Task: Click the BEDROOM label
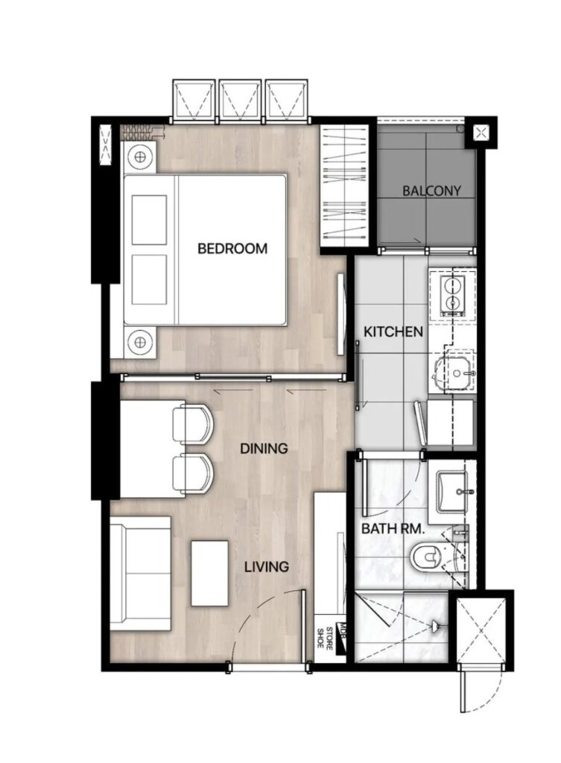tap(232, 248)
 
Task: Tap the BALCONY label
tap(431, 191)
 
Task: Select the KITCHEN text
tap(393, 332)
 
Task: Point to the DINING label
tap(264, 448)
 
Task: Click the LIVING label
tap(266, 567)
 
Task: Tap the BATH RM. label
tap(393, 529)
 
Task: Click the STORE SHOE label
tap(325, 639)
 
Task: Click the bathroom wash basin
tap(452, 492)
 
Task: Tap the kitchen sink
tap(454, 373)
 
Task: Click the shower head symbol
tap(437, 625)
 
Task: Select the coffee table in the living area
tap(209, 573)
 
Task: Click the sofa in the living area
tap(140, 574)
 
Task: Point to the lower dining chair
tap(193, 473)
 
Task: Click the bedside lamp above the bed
tap(140, 157)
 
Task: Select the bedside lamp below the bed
tap(140, 342)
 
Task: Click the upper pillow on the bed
tap(149, 220)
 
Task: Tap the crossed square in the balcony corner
tap(481, 133)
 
